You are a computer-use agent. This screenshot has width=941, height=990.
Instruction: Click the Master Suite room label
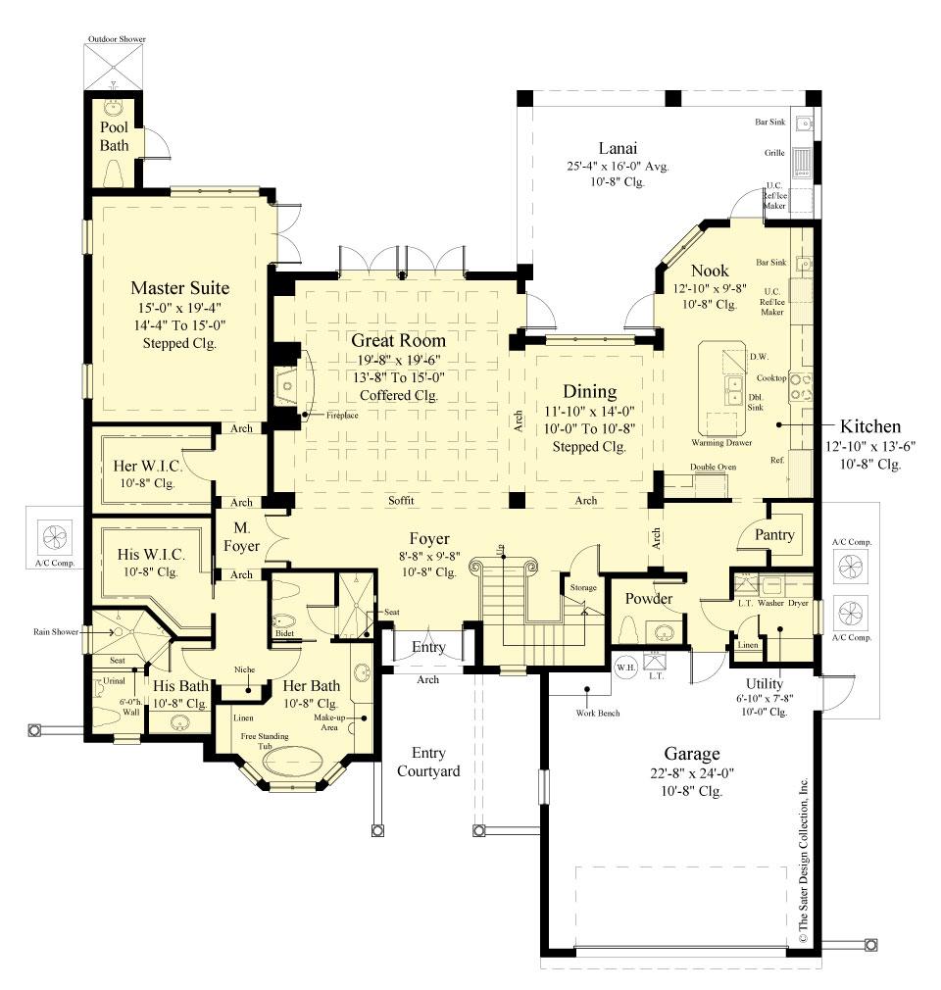point(180,288)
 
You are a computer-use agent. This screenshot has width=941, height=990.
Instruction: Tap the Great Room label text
point(400,341)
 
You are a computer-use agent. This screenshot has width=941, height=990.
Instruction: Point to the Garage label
point(692,754)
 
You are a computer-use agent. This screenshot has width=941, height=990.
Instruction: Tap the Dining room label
point(590,391)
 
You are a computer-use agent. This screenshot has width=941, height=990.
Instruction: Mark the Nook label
point(711,271)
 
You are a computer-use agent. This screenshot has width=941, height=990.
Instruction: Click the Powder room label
point(649,599)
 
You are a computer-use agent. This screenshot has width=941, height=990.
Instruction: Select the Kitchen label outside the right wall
point(869,427)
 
